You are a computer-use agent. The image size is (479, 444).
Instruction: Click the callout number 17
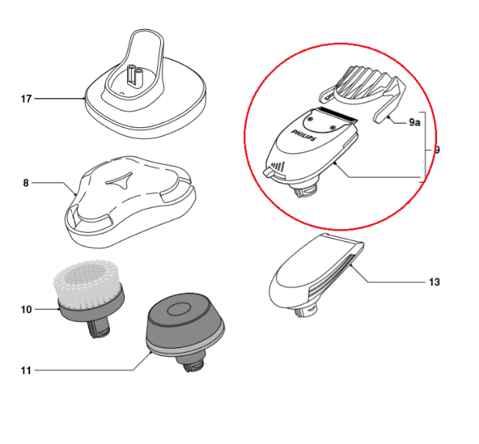tap(26, 99)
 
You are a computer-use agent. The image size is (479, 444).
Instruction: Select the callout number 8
tap(25, 183)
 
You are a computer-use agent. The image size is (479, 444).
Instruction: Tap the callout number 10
tap(26, 309)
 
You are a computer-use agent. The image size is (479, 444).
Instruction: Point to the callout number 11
tap(26, 371)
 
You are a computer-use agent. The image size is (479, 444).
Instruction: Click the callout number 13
tap(434, 282)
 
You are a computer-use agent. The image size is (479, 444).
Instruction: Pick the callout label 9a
tap(415, 122)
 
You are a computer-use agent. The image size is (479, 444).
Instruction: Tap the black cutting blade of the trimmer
tap(337, 114)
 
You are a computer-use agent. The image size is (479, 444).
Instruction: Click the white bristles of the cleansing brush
tap(87, 283)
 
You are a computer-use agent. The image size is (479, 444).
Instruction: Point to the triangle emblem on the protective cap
tap(120, 180)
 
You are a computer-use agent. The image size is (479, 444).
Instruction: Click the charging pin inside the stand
tap(135, 75)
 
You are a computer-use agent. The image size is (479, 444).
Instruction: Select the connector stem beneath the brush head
tap(99, 329)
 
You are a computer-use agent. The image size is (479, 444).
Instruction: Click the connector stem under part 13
tap(306, 309)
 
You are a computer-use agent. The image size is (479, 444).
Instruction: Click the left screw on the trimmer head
tap(311, 118)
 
